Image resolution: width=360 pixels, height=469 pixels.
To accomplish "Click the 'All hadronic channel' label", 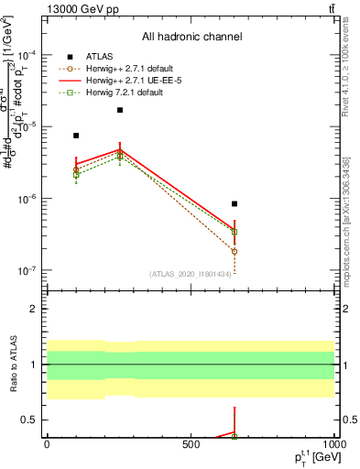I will tap(191, 38).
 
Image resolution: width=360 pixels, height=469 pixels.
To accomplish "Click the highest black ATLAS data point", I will tap(120, 110).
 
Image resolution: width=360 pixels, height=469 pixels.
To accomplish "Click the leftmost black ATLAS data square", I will tap(76, 136).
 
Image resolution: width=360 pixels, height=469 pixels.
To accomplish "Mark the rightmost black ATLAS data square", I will tap(235, 203).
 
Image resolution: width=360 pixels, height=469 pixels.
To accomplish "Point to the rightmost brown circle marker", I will tap(235, 251).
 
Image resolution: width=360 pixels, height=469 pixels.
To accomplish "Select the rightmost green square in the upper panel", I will tap(235, 232).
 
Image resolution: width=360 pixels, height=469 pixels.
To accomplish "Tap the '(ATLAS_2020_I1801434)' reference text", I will tap(191, 273).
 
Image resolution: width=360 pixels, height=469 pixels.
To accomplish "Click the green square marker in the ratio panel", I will tap(235, 436).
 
